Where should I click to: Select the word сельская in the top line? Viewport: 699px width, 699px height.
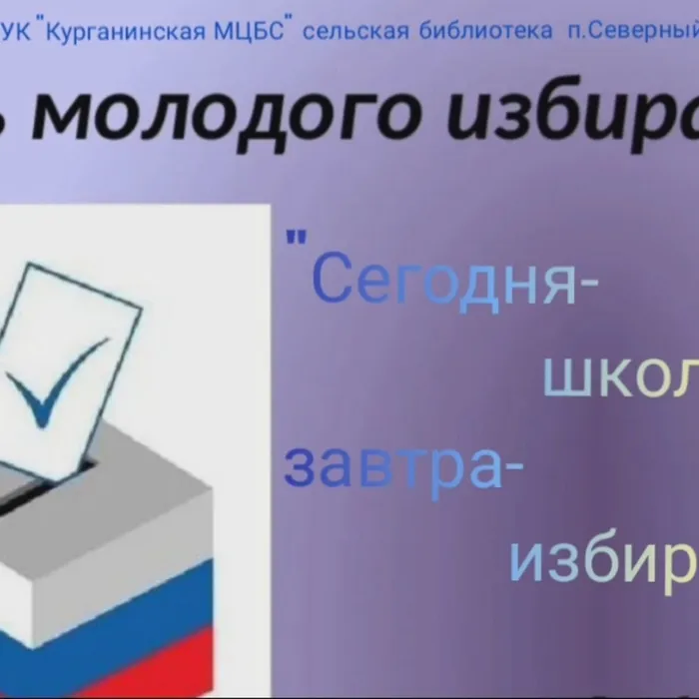coord(355,32)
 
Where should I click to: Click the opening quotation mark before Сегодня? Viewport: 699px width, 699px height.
coord(295,240)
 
